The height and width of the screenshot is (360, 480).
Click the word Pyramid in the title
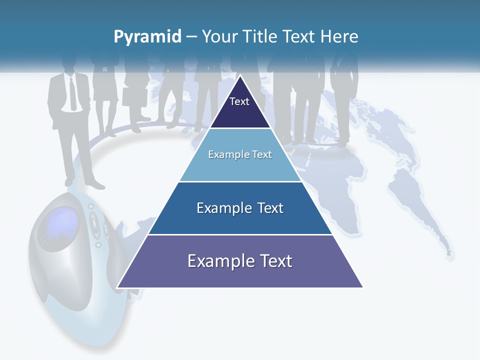[147, 37]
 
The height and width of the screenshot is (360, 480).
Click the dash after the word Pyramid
[191, 37]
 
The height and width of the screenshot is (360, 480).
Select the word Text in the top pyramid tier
[239, 101]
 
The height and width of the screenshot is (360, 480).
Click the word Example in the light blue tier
[227, 154]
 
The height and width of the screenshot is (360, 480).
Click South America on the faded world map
[420, 205]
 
